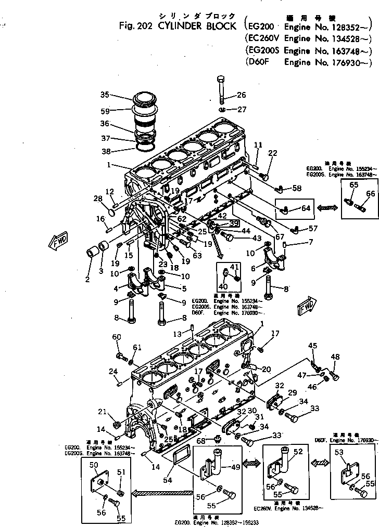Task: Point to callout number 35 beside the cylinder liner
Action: (x=105, y=95)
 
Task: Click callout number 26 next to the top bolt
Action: (x=241, y=95)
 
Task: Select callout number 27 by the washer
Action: (x=241, y=110)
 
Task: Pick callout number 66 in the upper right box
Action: (x=370, y=193)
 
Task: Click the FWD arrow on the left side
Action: (x=57, y=242)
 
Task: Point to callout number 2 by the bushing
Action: (x=87, y=280)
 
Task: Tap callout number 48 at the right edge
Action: (x=335, y=357)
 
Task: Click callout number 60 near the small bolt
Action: (x=117, y=338)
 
